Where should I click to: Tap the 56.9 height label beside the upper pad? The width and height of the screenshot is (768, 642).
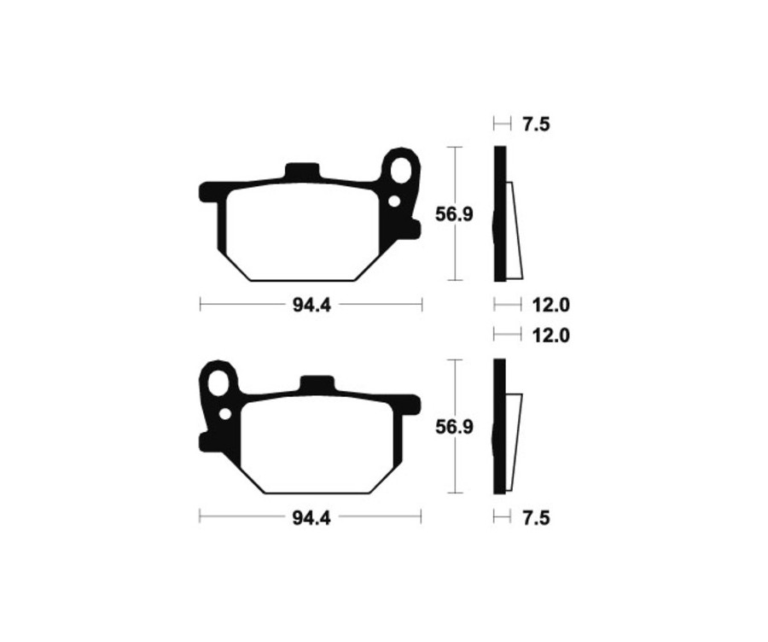tap(454, 214)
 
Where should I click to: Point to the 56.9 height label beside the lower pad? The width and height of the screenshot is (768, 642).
tap(454, 426)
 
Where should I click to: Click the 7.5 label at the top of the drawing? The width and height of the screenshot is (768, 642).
tap(535, 125)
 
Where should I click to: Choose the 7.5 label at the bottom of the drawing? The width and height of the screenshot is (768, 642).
tap(535, 517)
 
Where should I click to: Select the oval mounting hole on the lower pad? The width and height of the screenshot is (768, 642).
tap(219, 382)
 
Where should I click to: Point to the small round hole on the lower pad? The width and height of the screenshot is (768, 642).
tap(225, 414)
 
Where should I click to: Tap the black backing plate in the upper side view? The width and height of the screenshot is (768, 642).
tap(499, 213)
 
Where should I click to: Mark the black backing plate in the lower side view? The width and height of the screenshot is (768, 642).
tap(499, 427)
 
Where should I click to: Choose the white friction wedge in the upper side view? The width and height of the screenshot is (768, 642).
tap(514, 235)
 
